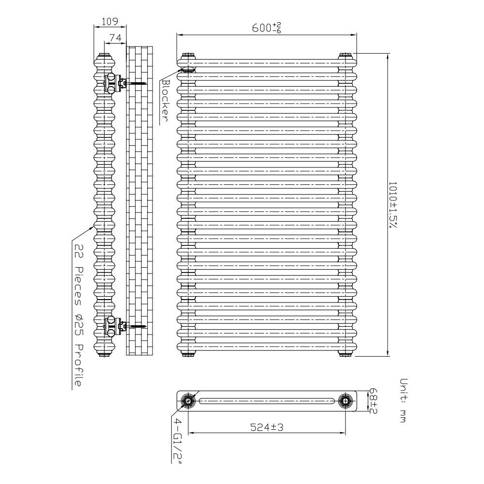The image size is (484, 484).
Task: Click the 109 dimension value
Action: coord(110,21)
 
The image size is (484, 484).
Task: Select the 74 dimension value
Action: coord(115,38)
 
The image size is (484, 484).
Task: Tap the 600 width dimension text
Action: coord(267,28)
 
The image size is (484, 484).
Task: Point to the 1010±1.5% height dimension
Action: coord(393,205)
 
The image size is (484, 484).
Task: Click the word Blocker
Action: coord(166,100)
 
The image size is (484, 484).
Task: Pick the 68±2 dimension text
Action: coord(373,401)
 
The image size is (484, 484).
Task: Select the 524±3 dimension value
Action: coord(267,427)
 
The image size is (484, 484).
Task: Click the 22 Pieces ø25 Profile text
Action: coord(79,315)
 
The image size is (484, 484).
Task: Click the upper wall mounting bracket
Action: coord(116,83)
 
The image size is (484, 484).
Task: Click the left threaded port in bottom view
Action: coord(188,401)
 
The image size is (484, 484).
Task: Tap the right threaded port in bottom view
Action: coord(345,401)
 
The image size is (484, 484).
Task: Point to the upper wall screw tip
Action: coord(147,83)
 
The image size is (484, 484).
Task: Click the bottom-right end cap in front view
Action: coord(345,354)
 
